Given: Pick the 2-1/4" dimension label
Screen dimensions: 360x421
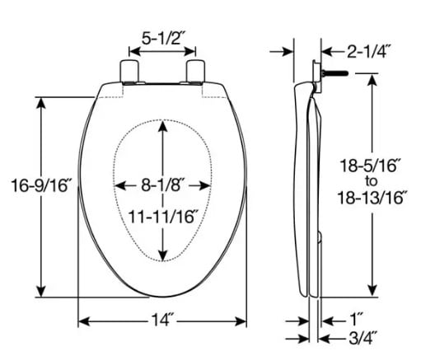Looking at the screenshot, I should click(x=368, y=52).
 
